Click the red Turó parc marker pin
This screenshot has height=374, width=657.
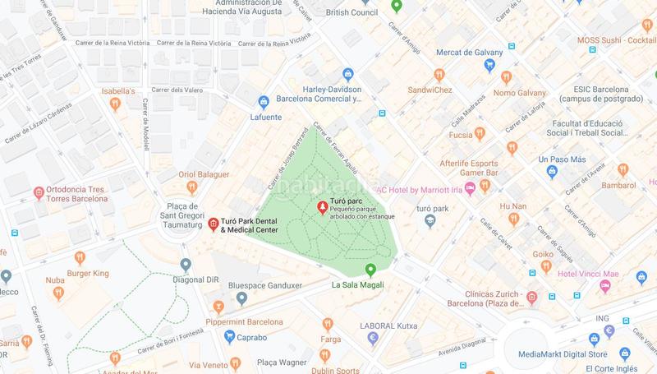[x=323, y=204]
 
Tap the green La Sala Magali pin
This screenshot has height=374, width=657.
[x=370, y=269]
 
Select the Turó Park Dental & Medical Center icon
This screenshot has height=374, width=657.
[x=213, y=224]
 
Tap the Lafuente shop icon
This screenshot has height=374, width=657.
[x=264, y=103]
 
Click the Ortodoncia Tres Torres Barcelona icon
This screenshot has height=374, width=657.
[x=39, y=193]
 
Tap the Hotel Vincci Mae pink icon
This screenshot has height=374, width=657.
[x=605, y=285]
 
